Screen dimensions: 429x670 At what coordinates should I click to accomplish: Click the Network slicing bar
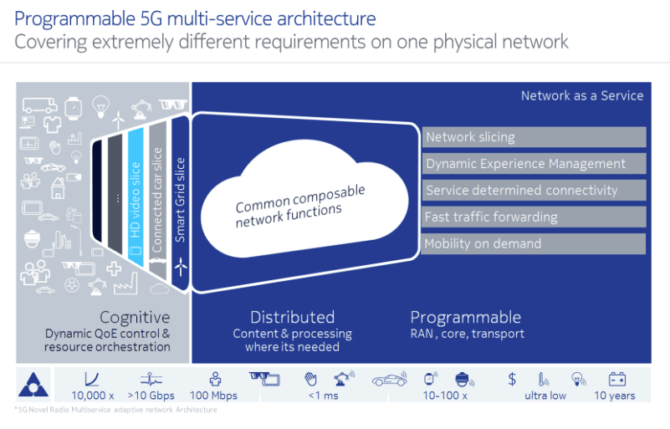[x=534, y=137]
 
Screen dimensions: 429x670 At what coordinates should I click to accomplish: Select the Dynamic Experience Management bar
[x=534, y=164]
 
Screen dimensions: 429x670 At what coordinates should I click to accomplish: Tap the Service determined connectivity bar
[x=534, y=191]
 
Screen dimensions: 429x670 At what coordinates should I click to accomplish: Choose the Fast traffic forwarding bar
[x=534, y=217]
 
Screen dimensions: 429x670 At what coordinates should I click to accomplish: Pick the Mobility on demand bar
[x=534, y=244]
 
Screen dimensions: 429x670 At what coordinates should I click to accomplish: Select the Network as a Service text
[x=582, y=95]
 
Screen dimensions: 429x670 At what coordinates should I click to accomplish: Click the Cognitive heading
[x=135, y=318]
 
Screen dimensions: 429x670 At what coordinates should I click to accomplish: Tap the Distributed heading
[x=292, y=318]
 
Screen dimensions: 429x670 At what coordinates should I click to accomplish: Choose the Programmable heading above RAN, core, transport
[x=465, y=318]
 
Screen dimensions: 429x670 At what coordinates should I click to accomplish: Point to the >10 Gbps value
[x=150, y=396]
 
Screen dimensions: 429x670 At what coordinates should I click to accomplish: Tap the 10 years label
[x=615, y=396]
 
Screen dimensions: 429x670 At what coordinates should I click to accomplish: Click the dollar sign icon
[x=512, y=379]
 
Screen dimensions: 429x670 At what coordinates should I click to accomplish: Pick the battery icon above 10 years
[x=617, y=379]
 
